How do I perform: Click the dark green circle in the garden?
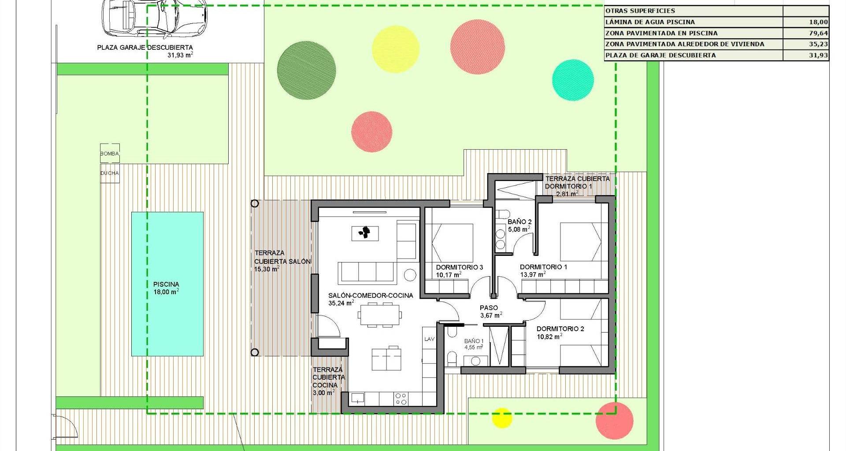[x=307, y=70]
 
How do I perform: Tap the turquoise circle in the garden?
[x=573, y=80]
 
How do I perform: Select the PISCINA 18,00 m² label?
[x=166, y=288]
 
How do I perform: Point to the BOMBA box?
[x=110, y=154]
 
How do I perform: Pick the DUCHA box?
[x=110, y=173]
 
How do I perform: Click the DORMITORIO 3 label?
[x=460, y=267]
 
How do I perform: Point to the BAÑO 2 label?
[x=519, y=222]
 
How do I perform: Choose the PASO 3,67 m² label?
[x=491, y=311]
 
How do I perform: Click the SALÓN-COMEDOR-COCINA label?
[x=371, y=296]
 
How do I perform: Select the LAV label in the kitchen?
[x=429, y=339]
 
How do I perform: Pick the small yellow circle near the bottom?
[x=501, y=418]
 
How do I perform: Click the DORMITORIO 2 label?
[x=560, y=329]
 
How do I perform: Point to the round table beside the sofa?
[x=410, y=275]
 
